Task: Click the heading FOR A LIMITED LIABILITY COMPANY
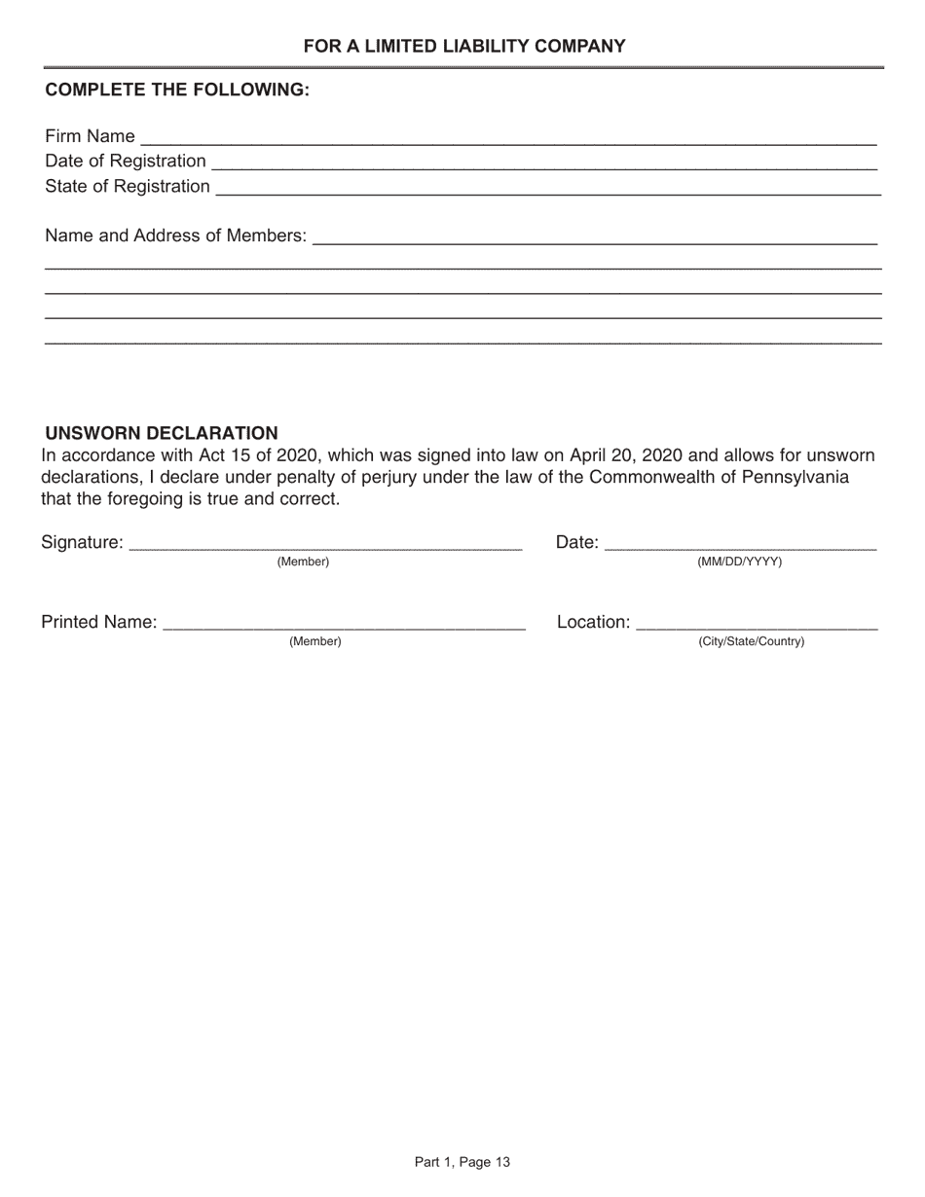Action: click(463, 46)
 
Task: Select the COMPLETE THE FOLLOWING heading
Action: click(177, 90)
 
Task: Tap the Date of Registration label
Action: click(126, 161)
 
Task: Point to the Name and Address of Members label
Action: click(175, 236)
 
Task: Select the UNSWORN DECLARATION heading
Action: click(162, 433)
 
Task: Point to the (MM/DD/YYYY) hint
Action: click(740, 562)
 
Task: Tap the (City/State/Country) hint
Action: click(752, 642)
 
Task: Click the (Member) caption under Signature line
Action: click(304, 562)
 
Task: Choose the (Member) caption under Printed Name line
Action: click(315, 642)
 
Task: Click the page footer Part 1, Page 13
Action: click(462, 1162)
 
